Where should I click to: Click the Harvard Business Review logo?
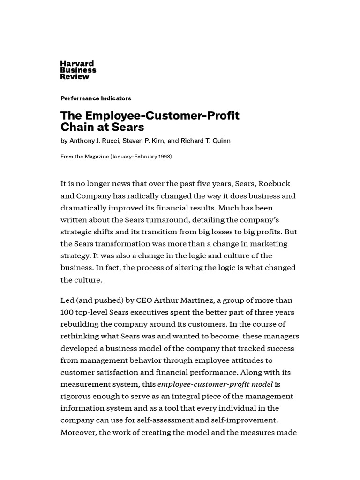click(x=78, y=70)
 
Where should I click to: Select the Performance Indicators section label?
click(x=96, y=98)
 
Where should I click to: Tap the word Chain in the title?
click(x=78, y=127)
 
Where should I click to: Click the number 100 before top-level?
click(x=67, y=312)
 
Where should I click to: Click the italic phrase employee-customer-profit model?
click(x=215, y=384)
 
